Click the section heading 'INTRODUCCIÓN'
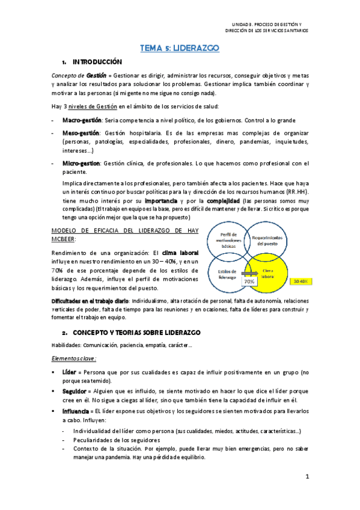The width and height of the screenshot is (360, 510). [97, 62]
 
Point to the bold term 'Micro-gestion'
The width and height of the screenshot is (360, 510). [81, 163]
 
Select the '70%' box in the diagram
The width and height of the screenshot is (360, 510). [248, 281]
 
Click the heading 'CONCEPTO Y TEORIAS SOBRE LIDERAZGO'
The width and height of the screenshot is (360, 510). [140, 333]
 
